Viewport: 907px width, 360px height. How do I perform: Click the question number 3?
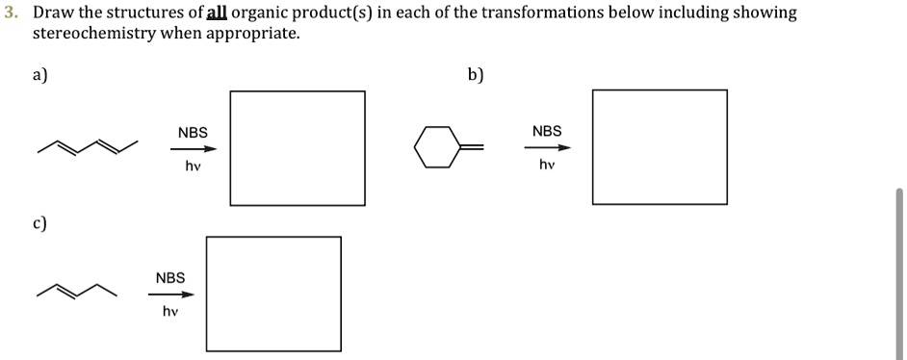10,13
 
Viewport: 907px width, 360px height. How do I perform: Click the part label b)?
476,76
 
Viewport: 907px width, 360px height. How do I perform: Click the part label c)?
39,223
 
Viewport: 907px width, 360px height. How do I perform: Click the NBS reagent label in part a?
193,132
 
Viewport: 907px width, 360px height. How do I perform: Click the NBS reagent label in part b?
547,131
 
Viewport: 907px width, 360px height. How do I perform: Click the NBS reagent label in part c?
170,278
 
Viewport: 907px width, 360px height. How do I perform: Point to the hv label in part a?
193,167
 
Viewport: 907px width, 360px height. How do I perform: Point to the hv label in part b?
547,166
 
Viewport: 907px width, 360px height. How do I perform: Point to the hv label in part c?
170,312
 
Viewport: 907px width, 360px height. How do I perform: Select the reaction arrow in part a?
194,149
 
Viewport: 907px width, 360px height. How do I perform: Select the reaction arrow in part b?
547,148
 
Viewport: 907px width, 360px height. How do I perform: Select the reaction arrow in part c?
170,295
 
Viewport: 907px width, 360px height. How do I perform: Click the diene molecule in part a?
88,147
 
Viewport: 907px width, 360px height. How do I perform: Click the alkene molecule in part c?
76,290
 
